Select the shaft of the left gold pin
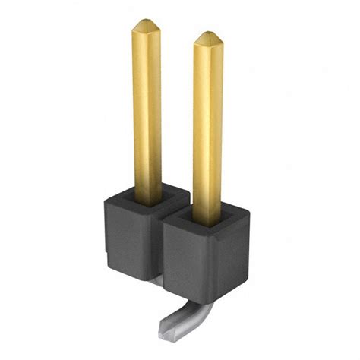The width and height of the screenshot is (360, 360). [x=147, y=114]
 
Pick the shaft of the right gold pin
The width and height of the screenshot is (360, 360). [x=207, y=129]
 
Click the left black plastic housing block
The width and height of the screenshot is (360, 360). [x=129, y=235]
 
